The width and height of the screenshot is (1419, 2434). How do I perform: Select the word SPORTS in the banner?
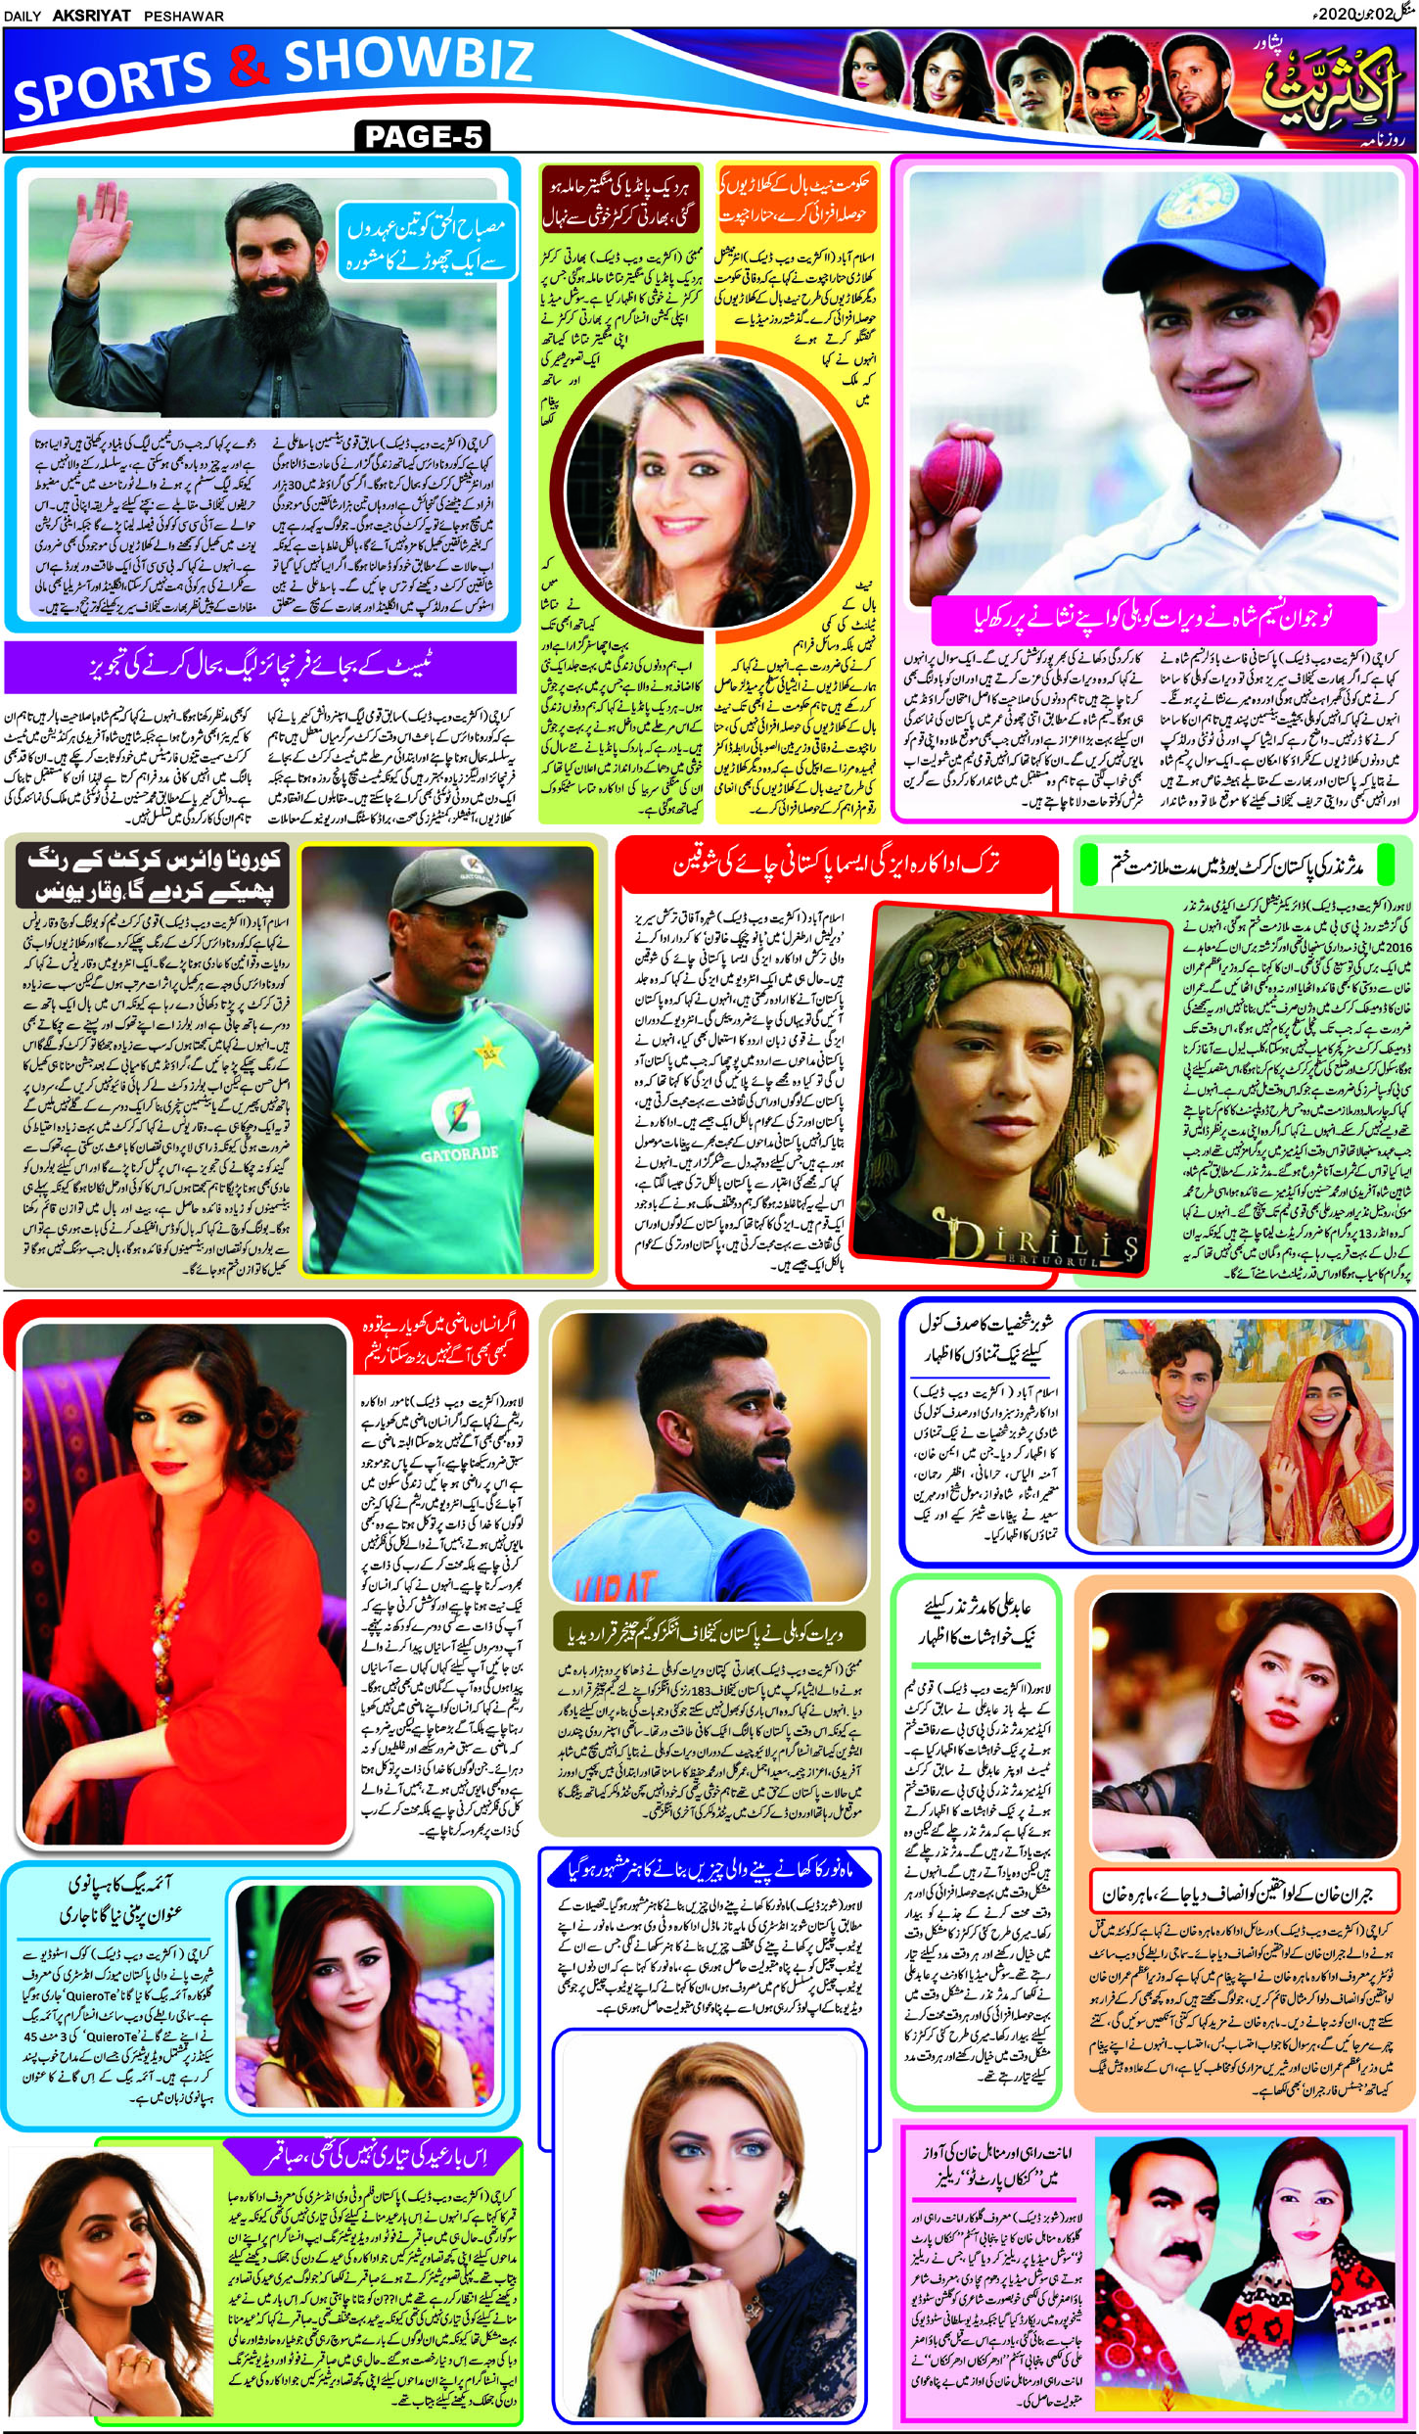(113, 86)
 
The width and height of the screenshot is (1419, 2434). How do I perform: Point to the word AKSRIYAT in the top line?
(93, 16)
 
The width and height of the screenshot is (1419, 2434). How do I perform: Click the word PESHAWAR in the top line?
(184, 16)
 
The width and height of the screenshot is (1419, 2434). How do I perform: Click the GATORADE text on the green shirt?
(459, 1154)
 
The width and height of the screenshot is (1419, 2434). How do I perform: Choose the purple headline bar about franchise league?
(259, 667)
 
